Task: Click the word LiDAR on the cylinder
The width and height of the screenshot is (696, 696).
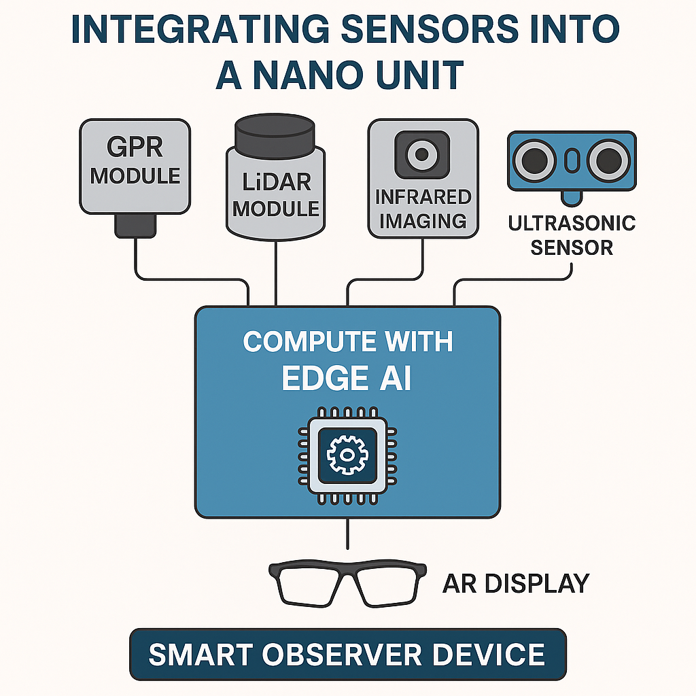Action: tap(276, 183)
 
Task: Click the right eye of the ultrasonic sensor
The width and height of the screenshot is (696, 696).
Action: tap(608, 161)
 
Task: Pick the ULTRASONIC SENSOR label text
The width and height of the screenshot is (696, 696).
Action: tap(572, 235)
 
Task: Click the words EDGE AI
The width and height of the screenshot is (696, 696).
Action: tap(347, 380)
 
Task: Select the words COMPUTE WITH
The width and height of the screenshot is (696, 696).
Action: tap(347, 341)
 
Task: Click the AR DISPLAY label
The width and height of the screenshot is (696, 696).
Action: tap(515, 583)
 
